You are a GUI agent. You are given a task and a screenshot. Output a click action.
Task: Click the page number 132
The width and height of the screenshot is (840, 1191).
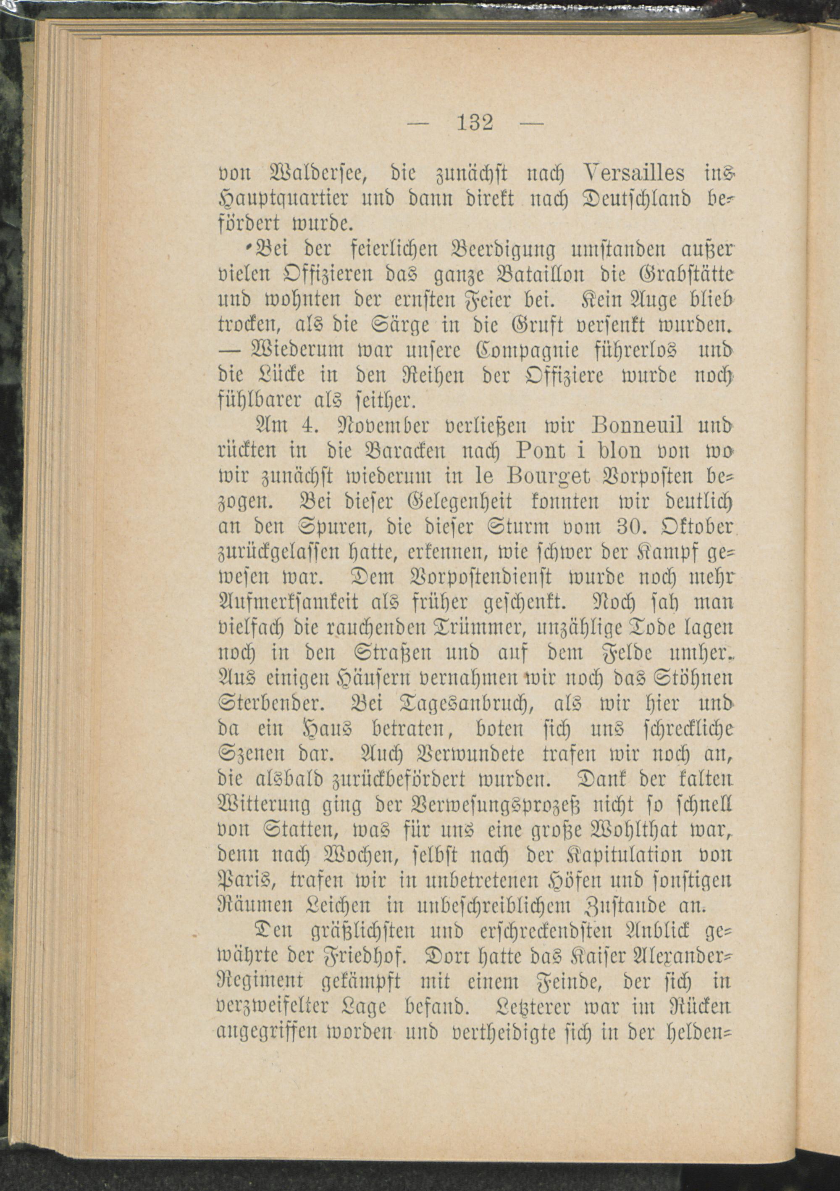coord(475,124)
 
